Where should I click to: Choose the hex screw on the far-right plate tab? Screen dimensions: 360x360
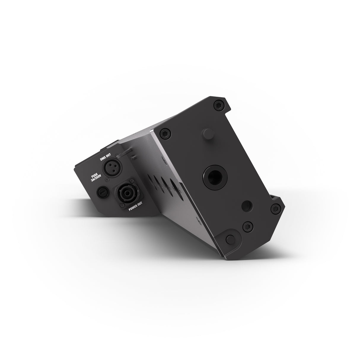click(276, 209)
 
